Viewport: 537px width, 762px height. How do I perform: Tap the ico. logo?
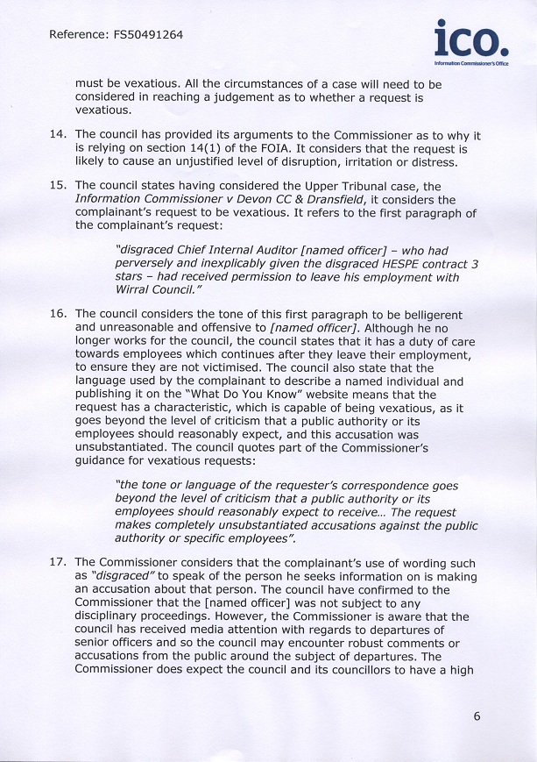470,41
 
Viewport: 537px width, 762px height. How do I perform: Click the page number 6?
477,716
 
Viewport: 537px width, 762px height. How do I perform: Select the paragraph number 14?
59,135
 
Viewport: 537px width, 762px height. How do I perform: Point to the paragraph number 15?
59,187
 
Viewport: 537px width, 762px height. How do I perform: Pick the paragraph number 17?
59,563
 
